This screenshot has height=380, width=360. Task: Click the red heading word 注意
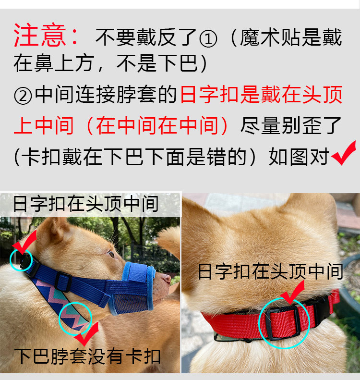[39, 35]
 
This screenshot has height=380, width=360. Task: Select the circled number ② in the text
[23, 96]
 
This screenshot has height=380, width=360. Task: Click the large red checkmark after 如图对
[344, 153]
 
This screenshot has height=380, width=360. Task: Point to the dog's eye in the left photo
[111, 255]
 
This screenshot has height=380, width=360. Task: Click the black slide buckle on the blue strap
[63, 282]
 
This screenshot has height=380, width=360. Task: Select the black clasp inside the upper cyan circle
[26, 262]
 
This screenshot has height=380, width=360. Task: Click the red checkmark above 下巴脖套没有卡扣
[87, 334]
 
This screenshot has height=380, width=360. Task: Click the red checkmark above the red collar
[292, 292]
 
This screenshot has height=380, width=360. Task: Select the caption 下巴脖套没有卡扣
[87, 356]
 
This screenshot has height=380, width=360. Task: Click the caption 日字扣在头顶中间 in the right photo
[270, 272]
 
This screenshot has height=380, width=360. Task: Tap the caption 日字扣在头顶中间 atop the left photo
[86, 204]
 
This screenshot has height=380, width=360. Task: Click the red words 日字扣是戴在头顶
[261, 95]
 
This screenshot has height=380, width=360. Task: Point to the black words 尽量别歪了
[291, 125]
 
